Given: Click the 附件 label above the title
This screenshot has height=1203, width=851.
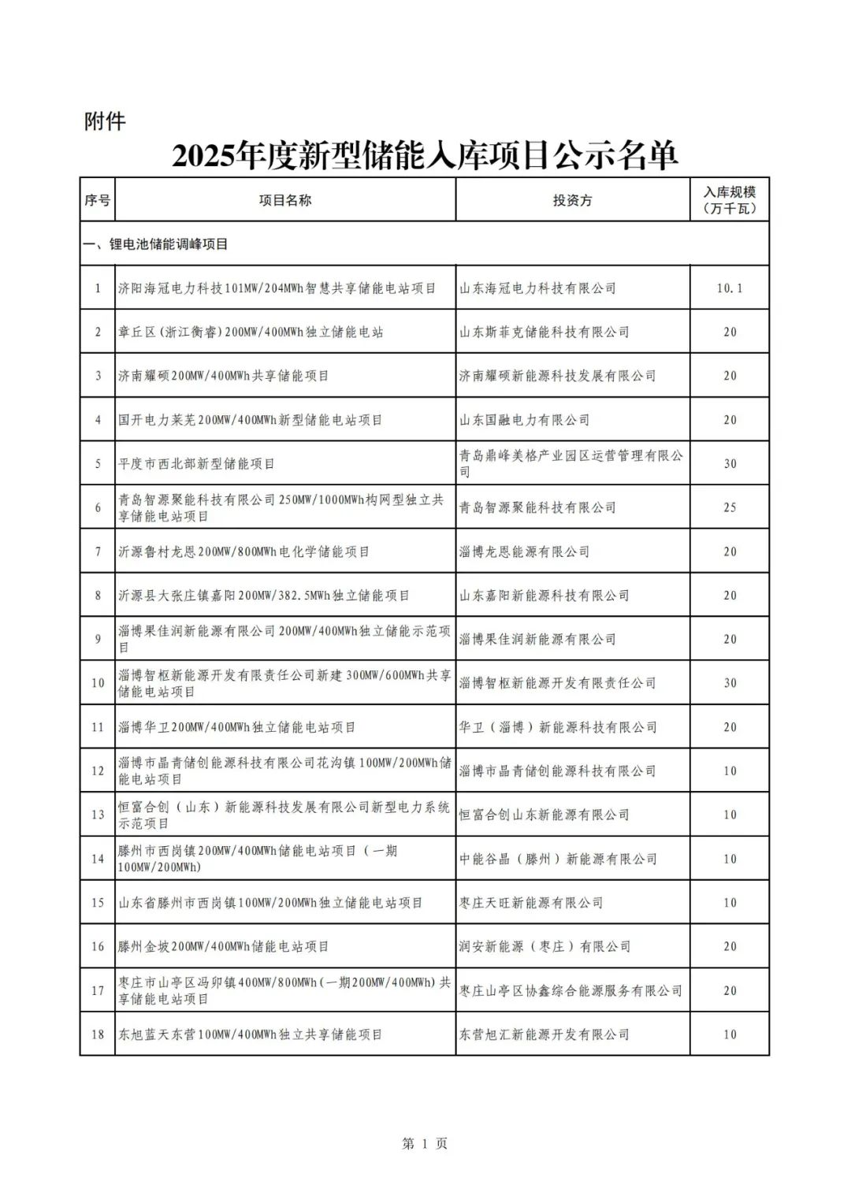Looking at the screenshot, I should tap(105, 121).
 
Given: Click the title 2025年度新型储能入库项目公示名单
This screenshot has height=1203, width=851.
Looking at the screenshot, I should tap(425, 156).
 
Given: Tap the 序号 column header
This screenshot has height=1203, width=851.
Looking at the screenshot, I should tap(97, 200).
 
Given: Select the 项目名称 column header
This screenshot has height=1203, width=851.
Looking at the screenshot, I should tap(284, 200).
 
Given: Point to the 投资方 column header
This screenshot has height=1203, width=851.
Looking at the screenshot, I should tap(572, 200).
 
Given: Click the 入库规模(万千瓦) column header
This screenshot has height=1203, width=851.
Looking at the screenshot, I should tap(730, 200).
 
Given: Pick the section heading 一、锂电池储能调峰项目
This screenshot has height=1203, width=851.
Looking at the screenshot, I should tap(156, 244).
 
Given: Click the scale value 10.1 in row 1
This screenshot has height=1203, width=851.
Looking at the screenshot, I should tap(730, 288).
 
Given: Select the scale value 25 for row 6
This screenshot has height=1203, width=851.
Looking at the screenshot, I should tap(730, 507).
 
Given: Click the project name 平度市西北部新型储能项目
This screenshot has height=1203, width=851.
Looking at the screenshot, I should tap(196, 464).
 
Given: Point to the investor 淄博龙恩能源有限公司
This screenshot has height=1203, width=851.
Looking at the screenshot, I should tap(524, 551).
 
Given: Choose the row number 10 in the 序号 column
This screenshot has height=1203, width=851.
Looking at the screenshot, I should tap(98, 683).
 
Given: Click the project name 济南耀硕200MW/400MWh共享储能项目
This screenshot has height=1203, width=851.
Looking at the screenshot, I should tap(223, 376).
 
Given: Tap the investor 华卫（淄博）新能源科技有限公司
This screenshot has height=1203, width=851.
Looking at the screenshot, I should tap(558, 727).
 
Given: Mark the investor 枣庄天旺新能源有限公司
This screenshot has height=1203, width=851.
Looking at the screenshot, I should tap(531, 903).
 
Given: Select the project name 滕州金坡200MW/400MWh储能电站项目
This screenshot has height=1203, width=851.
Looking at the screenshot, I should tap(223, 946).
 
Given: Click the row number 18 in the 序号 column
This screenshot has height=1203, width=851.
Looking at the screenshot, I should tap(98, 1034).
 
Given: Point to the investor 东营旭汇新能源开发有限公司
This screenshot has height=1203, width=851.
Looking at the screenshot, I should tap(544, 1034).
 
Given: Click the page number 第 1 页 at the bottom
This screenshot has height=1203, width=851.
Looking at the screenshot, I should tap(425, 1144).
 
